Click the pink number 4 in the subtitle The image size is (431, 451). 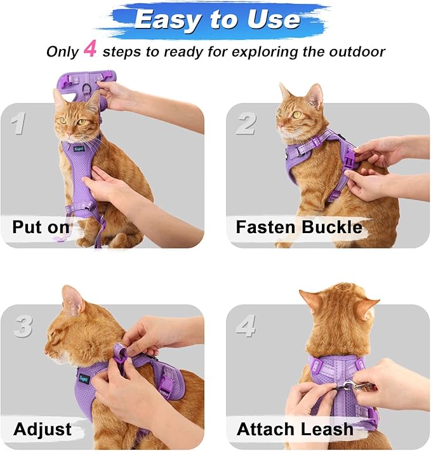(90, 50)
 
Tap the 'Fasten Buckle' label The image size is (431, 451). (298, 227)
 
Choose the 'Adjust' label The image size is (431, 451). (41, 429)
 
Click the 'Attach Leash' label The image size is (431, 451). (295, 429)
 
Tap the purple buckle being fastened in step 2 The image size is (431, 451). (348, 157)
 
